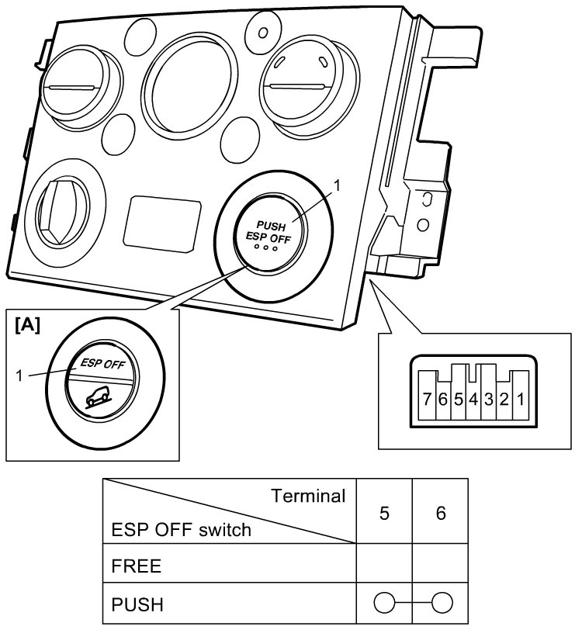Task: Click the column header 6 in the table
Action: [441, 514]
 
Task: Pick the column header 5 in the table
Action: [384, 514]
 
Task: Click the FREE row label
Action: [137, 566]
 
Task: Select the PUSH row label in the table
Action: [137, 602]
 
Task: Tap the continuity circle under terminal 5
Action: [384, 602]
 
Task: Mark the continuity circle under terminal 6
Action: [441, 602]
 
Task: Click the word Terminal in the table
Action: [307, 497]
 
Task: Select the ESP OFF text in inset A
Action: [105, 362]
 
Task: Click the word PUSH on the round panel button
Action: [272, 225]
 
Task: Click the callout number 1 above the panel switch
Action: [336, 185]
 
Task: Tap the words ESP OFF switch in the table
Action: [182, 531]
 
